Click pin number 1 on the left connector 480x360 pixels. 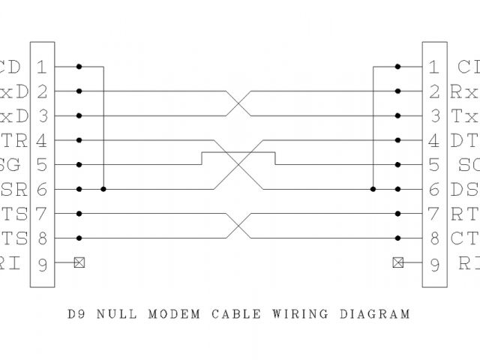tap(41, 67)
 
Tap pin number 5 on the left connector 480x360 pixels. tap(41, 165)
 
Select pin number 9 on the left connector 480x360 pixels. tap(41, 263)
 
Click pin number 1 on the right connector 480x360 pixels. tap(434, 67)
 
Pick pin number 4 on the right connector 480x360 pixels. tap(434, 140)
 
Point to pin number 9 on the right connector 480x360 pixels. tap(434, 263)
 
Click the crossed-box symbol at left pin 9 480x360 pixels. tap(79, 263)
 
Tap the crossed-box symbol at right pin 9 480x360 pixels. tap(397, 263)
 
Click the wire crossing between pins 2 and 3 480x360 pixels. tap(238, 103)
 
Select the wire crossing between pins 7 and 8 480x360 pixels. tap(238, 226)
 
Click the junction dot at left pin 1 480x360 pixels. tap(79, 67)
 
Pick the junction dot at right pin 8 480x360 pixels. tap(397, 238)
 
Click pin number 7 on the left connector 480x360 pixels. tap(41, 214)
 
